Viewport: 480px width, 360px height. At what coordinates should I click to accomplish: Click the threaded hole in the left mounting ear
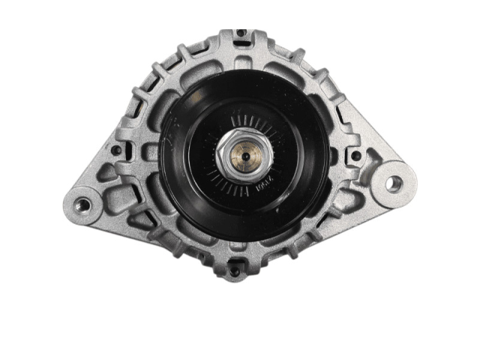83,204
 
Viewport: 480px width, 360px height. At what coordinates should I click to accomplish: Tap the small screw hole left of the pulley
116,150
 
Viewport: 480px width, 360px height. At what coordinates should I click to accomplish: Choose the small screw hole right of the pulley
355,156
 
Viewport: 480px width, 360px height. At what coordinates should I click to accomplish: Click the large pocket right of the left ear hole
120,201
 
